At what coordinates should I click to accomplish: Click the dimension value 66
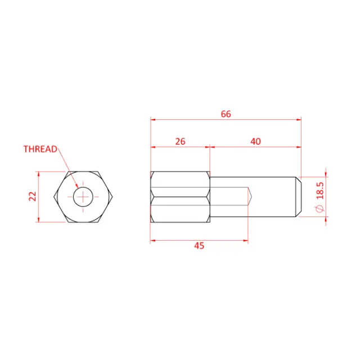click(x=226, y=114)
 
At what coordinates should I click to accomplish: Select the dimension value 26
click(x=180, y=141)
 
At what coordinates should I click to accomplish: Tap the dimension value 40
click(x=255, y=141)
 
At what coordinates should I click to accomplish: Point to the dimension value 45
click(x=199, y=246)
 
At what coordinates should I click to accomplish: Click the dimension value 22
click(x=33, y=196)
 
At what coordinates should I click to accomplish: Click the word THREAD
click(x=40, y=149)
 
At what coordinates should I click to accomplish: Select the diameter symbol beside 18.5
click(x=320, y=209)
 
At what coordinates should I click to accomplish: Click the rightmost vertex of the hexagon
click(x=114, y=196)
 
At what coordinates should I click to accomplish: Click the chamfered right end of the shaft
click(x=299, y=196)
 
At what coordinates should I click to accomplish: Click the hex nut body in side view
click(x=180, y=196)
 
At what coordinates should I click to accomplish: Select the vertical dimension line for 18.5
click(x=326, y=196)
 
